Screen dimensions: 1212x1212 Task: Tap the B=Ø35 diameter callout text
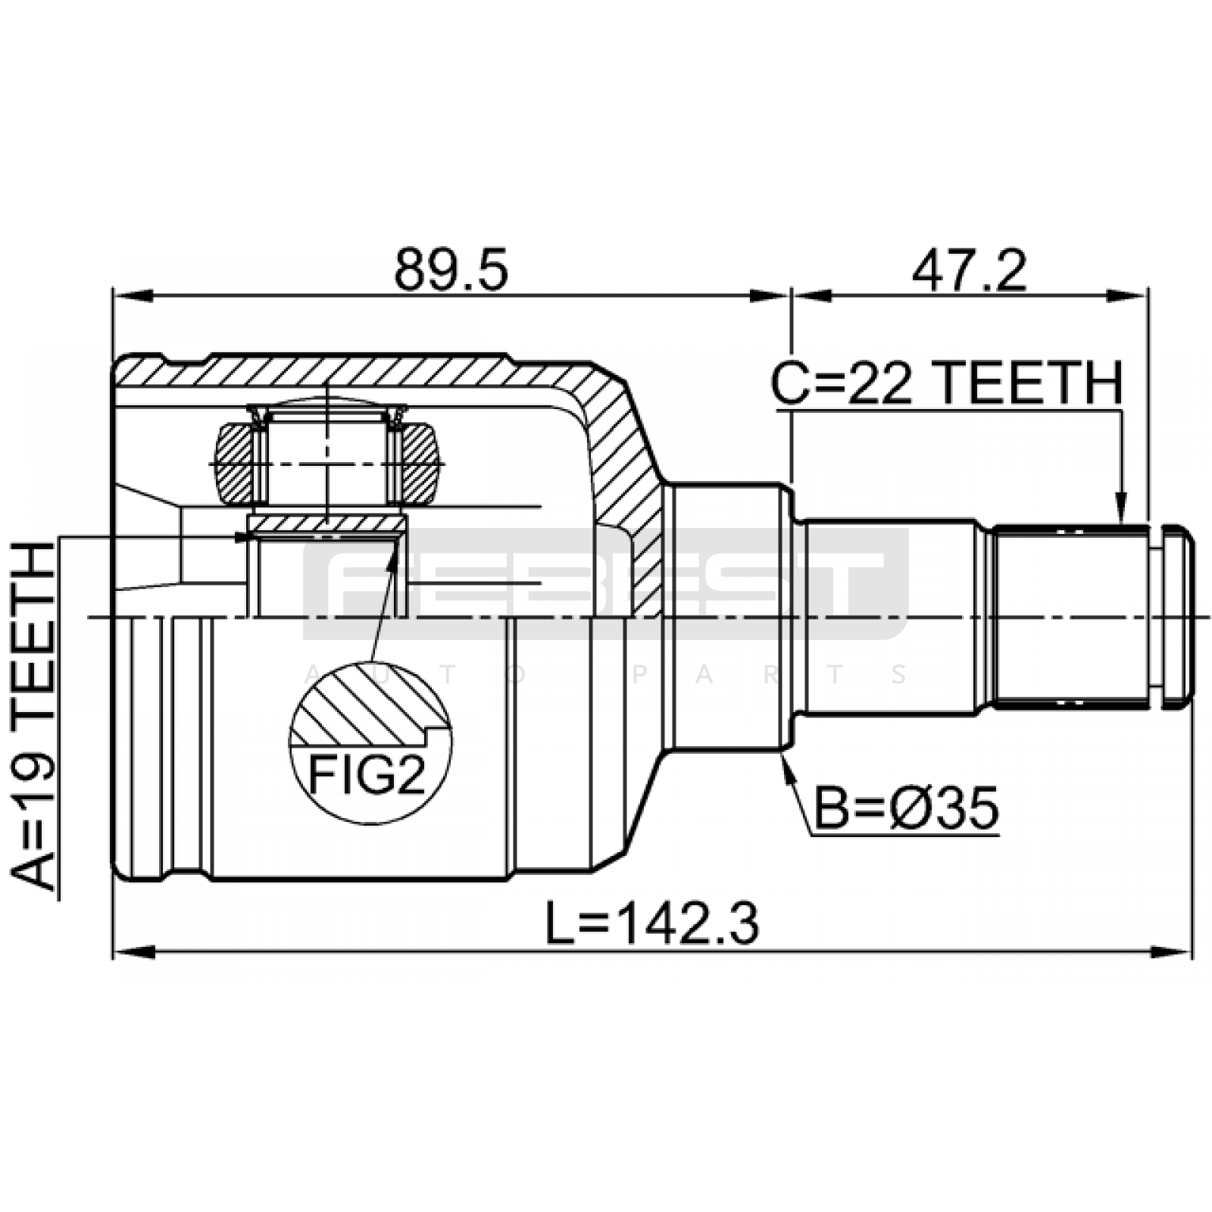point(906,808)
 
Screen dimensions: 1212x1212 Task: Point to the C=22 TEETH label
point(947,383)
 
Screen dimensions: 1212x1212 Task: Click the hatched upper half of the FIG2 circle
point(370,704)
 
